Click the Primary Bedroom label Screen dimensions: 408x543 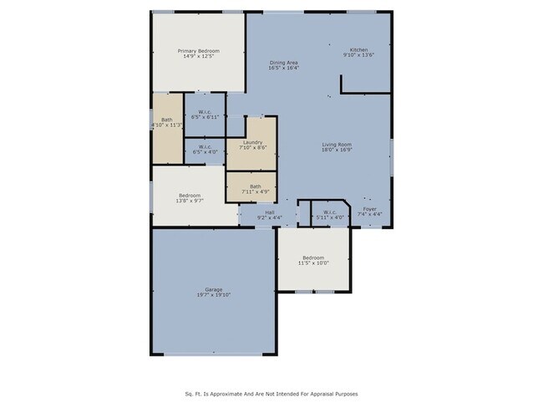tap(197, 51)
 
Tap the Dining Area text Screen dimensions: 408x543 tap(284, 64)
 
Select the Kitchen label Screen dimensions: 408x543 tap(358, 51)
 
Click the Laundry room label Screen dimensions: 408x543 tap(253, 142)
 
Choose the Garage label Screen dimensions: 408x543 tap(214, 289)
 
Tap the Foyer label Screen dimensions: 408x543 tap(370, 209)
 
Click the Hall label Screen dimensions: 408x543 tap(270, 212)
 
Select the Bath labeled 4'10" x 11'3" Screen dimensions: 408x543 tap(166, 120)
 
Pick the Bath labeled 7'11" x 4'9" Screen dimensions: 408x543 tap(255, 186)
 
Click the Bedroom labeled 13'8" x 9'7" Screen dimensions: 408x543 tap(189, 196)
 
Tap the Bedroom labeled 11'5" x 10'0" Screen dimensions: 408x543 tap(313, 257)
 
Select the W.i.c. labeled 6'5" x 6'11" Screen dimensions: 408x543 tap(206, 112)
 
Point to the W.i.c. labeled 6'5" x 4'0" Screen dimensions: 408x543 tap(206, 147)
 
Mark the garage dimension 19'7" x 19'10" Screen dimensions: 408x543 tap(214, 295)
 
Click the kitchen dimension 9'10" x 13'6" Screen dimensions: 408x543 tap(358, 56)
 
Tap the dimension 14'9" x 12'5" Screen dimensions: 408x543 tap(197, 56)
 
